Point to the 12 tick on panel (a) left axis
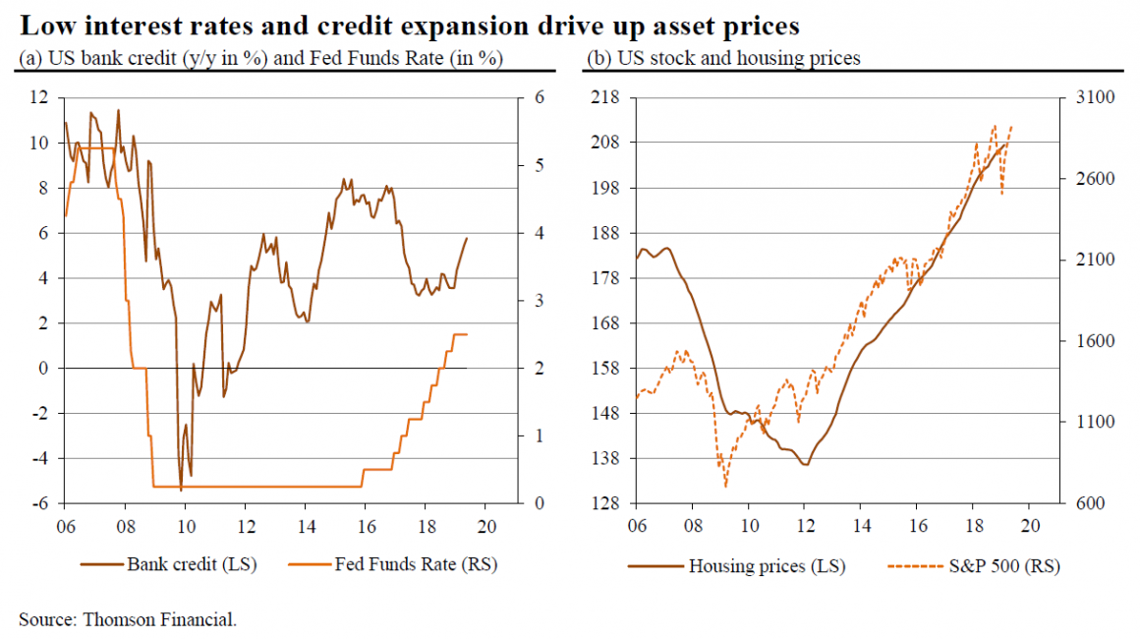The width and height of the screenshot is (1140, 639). (x=39, y=98)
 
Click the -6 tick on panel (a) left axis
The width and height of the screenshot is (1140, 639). (x=39, y=503)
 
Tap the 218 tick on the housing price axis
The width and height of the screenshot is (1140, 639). (x=607, y=98)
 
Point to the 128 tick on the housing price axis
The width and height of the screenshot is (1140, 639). (x=607, y=503)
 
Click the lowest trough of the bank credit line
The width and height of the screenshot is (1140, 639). (x=181, y=489)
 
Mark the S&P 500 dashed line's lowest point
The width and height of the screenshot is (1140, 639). (x=725, y=486)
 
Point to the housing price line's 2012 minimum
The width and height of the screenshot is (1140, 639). (x=806, y=464)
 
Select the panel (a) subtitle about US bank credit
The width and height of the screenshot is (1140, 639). (x=260, y=58)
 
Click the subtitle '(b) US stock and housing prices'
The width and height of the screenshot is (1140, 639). (x=723, y=58)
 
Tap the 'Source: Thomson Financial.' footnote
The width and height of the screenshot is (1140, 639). (x=128, y=619)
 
